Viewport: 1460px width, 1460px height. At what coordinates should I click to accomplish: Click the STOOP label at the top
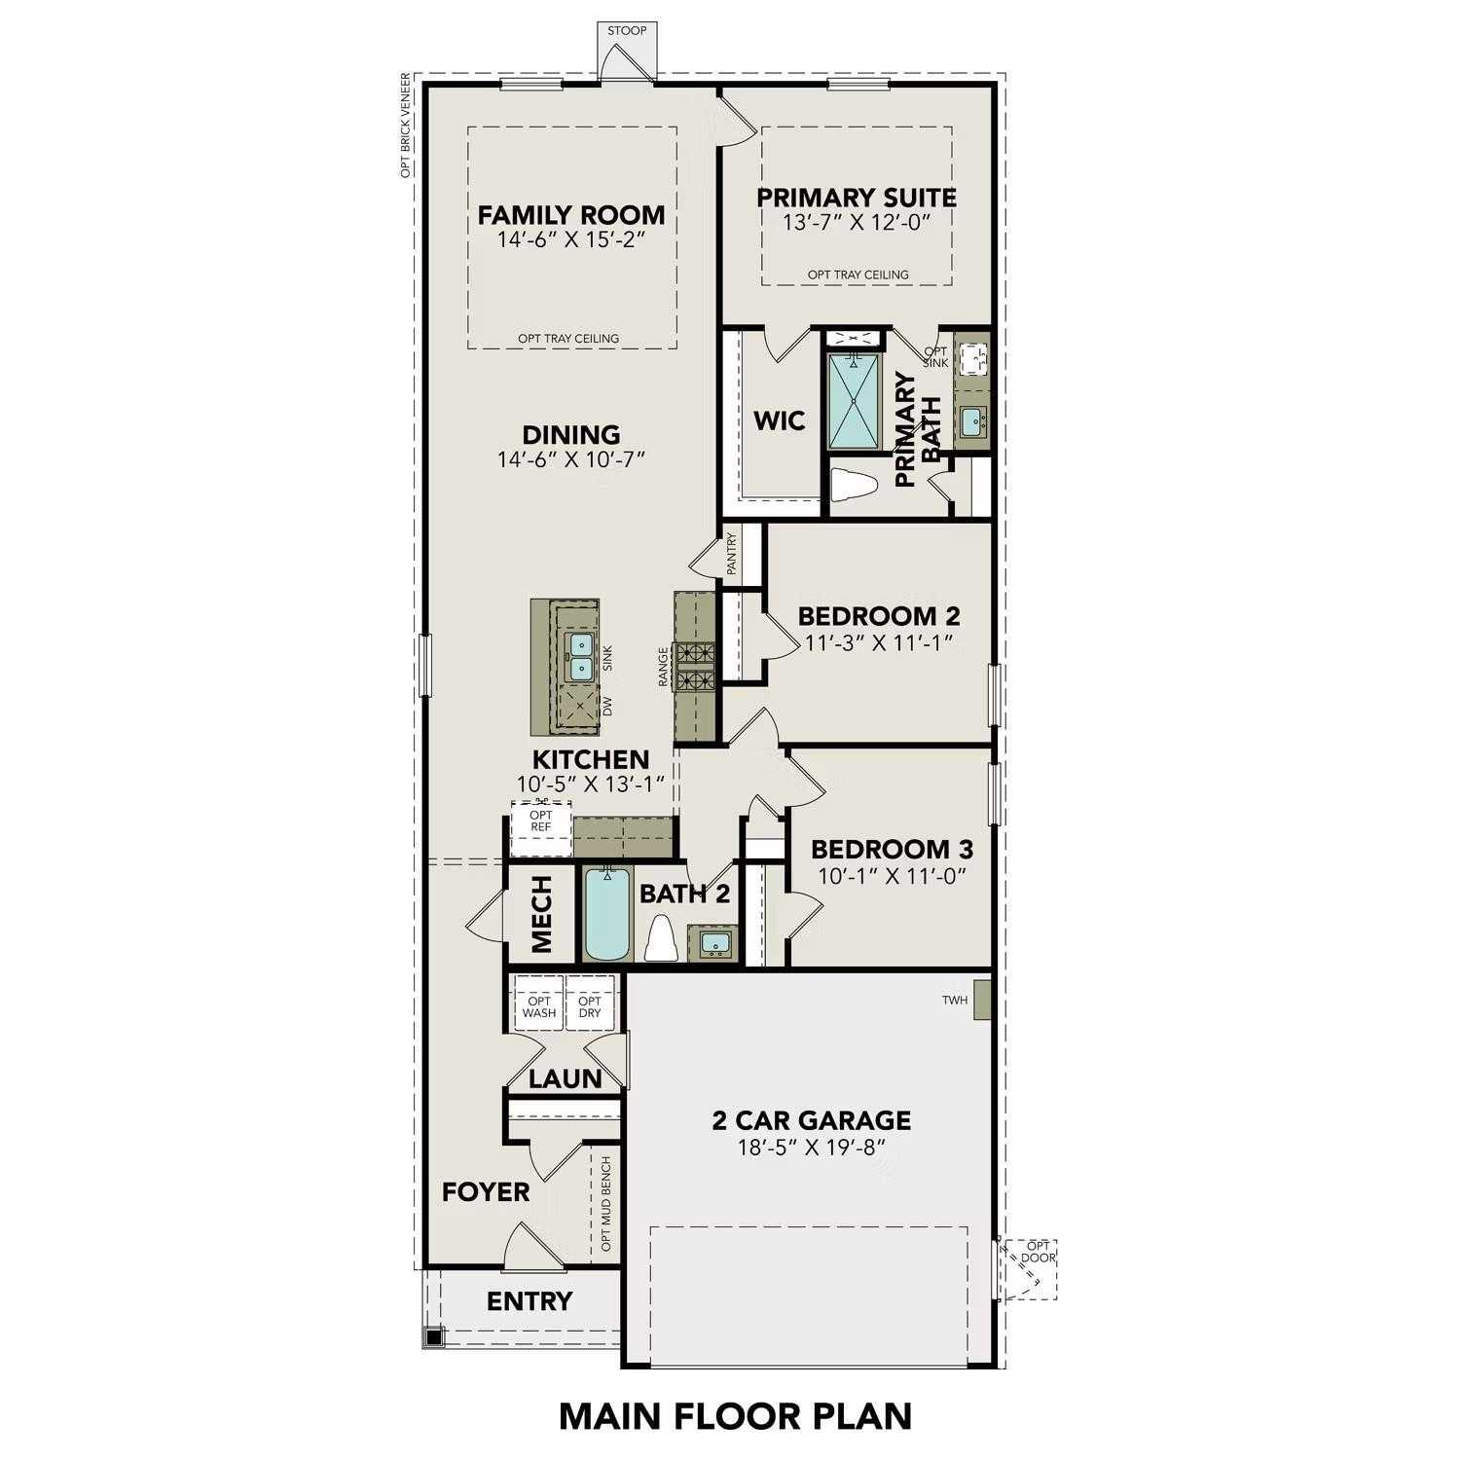tap(627, 30)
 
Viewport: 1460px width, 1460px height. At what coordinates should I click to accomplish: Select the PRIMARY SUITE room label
tap(857, 198)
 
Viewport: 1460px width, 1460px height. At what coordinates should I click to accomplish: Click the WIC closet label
tap(780, 421)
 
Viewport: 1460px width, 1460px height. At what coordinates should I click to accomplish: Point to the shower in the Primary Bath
tap(853, 401)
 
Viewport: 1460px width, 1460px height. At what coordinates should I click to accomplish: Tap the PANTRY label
tap(732, 553)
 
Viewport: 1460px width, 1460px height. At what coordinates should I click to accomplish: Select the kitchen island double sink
tap(580, 656)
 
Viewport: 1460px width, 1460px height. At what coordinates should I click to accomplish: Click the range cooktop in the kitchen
tap(696, 667)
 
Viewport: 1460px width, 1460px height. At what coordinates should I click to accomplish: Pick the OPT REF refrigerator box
tap(541, 821)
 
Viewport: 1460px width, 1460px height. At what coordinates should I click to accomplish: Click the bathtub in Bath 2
tap(607, 914)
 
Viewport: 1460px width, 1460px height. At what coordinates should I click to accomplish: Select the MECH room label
tap(542, 913)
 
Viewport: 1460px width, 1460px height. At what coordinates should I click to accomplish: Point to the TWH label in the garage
tap(955, 1001)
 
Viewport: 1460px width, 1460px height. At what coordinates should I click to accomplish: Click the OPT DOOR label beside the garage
tap(1039, 1252)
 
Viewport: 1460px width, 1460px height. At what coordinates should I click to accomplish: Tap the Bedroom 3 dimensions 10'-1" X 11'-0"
tap(892, 876)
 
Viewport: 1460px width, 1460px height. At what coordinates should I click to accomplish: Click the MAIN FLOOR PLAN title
tap(735, 1416)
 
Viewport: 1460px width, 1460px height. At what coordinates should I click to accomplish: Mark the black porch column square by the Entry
tap(433, 1337)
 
